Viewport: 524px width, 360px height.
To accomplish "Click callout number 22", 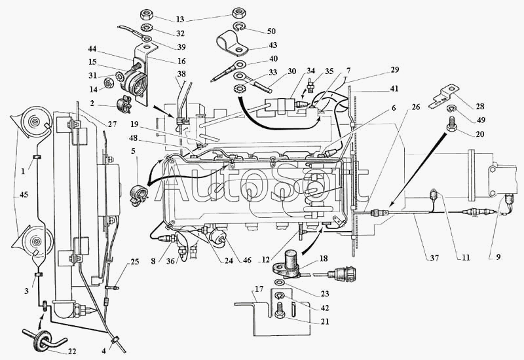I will pos(72,351).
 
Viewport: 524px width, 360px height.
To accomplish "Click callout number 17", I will pos(259,289).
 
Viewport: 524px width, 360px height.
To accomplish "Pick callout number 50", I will pos(271,31).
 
